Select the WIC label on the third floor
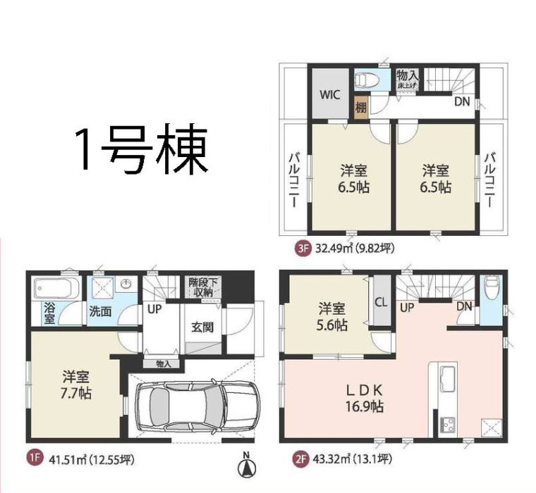point(330,94)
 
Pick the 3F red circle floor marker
point(302,249)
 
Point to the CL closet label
point(381,303)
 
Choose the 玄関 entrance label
point(202,327)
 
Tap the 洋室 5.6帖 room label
point(333,316)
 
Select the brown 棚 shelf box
point(361,108)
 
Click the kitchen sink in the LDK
point(447,377)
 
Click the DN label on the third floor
point(462,101)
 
